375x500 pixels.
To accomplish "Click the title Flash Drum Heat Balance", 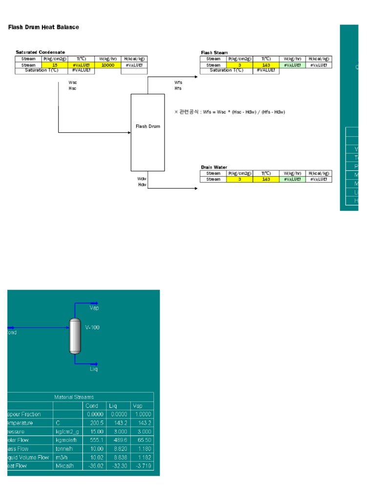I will tap(43, 27).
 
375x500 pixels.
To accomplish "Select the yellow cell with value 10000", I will tap(108, 65).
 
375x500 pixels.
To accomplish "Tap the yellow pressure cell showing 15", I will tap(55, 65).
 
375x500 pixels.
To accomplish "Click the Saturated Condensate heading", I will tap(40, 52).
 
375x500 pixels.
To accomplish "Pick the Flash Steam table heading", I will tap(214, 53).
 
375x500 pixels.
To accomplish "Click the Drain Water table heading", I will tap(214, 167).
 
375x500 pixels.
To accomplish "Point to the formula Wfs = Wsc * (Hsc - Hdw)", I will tap(229, 112).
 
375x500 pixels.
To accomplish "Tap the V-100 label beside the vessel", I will tap(92, 328).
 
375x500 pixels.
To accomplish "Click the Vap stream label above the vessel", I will tap(94, 308).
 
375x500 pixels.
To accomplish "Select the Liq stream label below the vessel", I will tap(94, 369).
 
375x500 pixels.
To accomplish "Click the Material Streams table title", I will tap(74, 397).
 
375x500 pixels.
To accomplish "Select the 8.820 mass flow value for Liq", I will tap(119, 449).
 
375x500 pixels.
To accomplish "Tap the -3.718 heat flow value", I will tap(142, 466).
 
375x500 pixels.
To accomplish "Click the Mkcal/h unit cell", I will tap(66, 466).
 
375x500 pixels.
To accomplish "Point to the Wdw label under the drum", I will tap(142, 179).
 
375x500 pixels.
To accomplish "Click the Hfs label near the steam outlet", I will tap(178, 88).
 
